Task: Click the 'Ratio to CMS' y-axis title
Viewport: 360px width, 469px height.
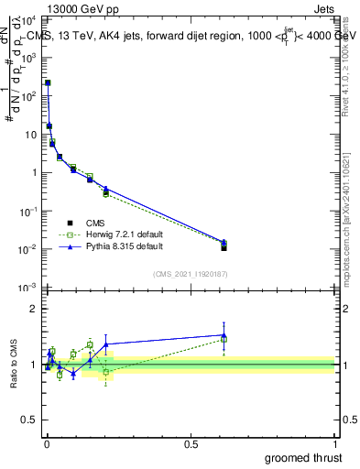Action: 14,365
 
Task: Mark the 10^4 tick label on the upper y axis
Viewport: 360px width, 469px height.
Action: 27,18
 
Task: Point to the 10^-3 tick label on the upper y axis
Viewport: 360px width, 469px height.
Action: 27,289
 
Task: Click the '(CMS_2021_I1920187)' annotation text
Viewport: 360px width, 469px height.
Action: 190,274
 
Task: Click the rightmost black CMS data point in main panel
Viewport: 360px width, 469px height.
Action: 224,247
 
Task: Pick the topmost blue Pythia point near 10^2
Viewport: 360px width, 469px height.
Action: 48,82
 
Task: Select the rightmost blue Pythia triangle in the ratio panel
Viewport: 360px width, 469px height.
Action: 224,335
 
